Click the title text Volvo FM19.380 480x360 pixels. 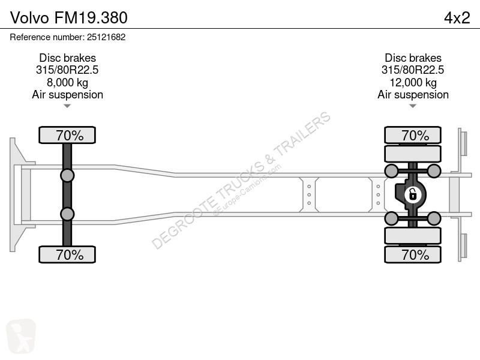tap(68, 18)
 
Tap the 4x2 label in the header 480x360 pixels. tap(457, 18)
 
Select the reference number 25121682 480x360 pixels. tap(106, 37)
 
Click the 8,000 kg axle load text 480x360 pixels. tap(67, 82)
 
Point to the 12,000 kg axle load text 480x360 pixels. tap(413, 82)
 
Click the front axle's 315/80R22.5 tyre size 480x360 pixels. tap(67, 70)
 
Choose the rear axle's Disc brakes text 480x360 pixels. tap(413, 58)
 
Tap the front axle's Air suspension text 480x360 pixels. tap(67, 95)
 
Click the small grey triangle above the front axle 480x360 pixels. tap(67, 106)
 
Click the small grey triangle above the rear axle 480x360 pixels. tap(413, 106)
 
